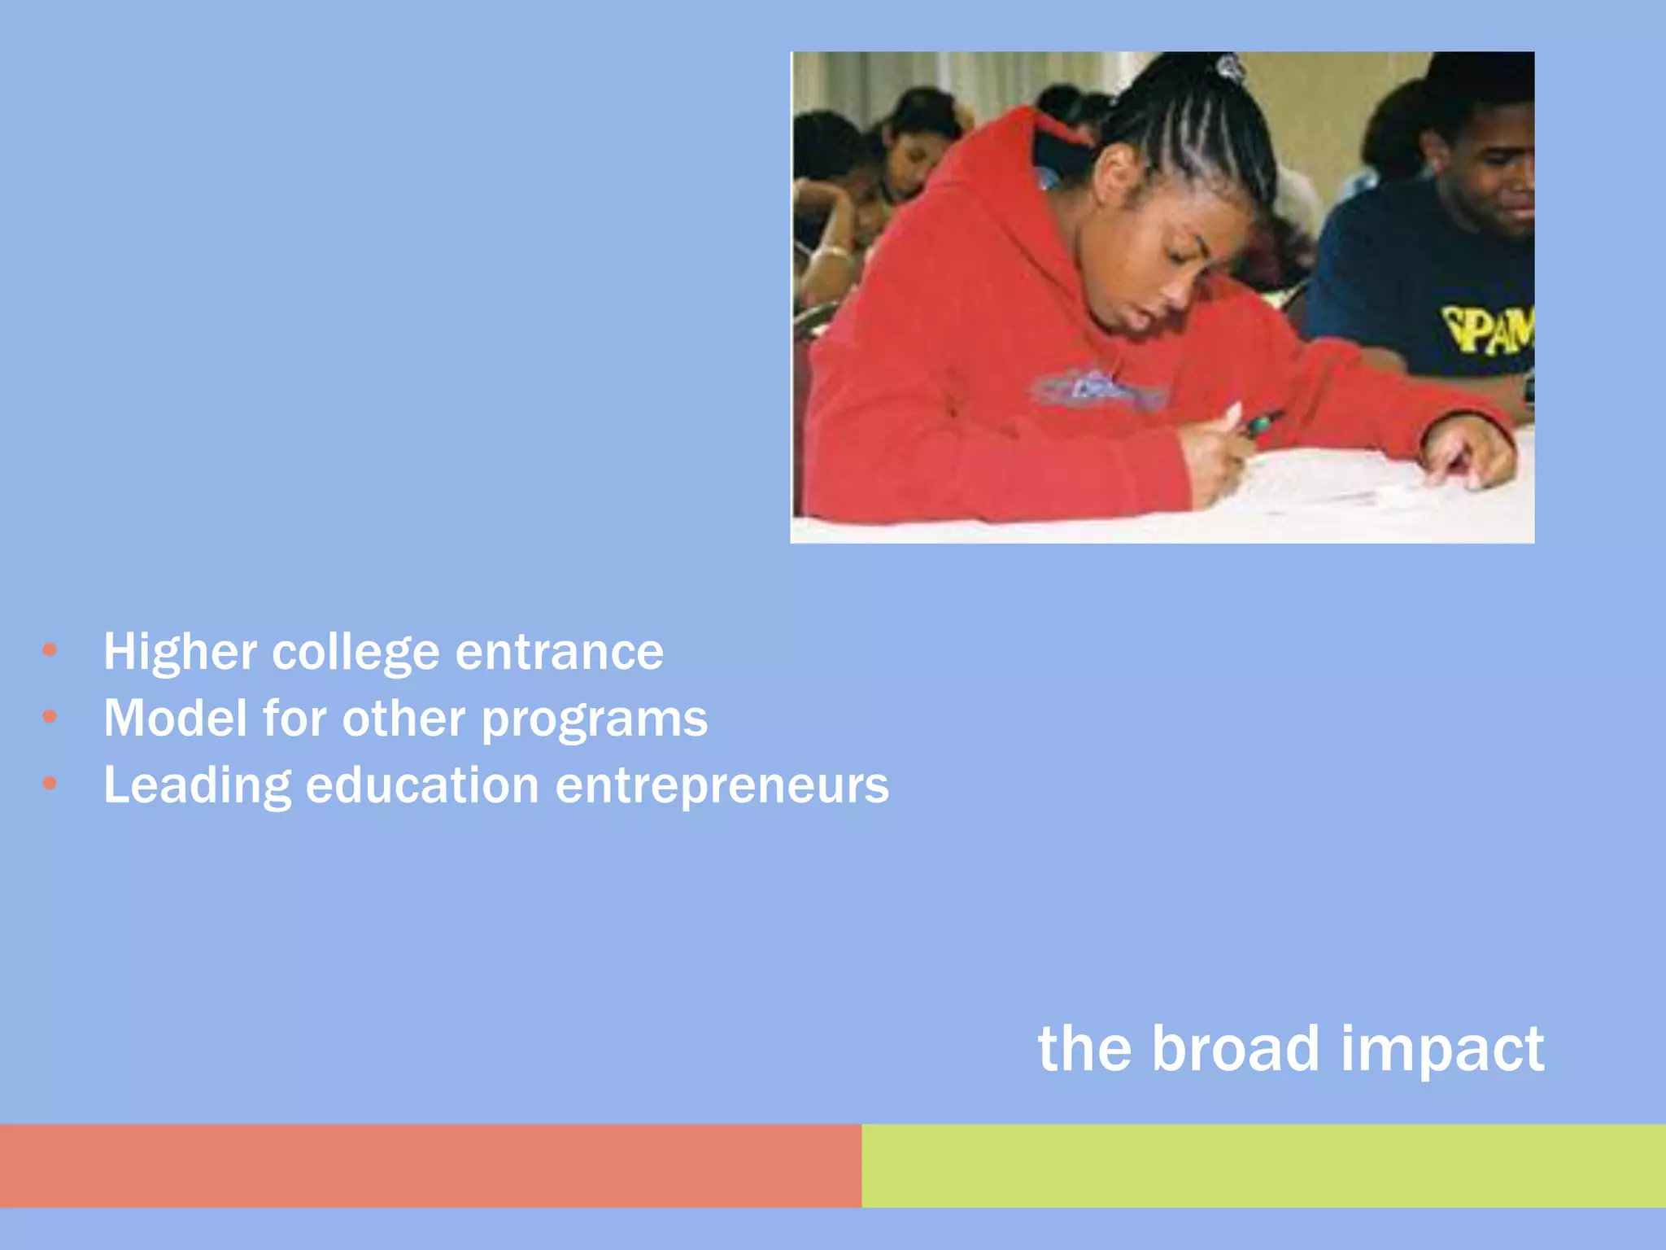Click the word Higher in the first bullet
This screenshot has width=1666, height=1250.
tap(180, 652)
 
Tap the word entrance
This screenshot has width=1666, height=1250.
tap(559, 653)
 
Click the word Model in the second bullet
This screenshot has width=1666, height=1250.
tap(175, 719)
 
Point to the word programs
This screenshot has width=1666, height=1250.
tap(595, 720)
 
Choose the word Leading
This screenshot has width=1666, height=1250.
tap(197, 786)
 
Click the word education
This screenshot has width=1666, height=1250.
tap(422, 785)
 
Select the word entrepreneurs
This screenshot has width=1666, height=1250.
tap(722, 786)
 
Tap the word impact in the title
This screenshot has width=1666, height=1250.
tap(1441, 1050)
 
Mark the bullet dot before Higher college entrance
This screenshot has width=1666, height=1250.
tap(50, 649)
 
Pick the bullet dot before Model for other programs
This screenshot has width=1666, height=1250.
tap(50, 716)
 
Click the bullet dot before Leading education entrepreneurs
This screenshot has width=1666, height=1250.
tap(50, 783)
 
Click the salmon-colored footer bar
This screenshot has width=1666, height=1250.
tap(430, 1165)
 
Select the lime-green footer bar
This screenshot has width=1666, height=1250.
tap(1263, 1165)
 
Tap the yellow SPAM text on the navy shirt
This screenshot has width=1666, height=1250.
tap(1487, 330)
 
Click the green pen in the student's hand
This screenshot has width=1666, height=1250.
tap(1260, 423)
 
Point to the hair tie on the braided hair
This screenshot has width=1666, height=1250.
tap(1229, 68)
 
